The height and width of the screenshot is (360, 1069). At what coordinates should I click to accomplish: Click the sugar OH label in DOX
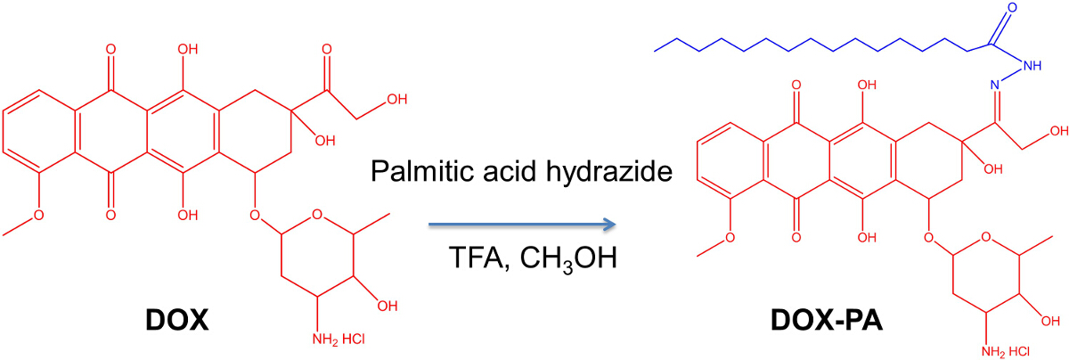click(x=388, y=307)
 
